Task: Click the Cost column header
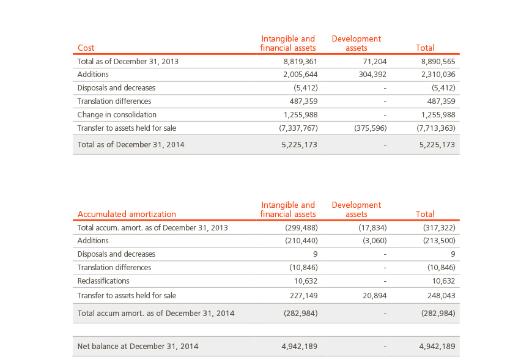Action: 86,48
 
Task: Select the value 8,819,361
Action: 300,61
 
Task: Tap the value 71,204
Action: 375,61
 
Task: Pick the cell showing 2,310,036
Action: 438,74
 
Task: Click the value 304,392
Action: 372,74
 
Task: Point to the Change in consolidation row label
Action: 117,114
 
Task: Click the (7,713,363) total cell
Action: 436,128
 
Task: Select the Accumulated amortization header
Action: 127,215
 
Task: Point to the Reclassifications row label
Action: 103,281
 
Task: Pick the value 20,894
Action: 375,296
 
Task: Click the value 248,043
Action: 441,296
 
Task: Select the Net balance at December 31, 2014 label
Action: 138,346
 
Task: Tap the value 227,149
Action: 304,296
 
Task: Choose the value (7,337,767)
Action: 298,128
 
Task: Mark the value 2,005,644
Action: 300,74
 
